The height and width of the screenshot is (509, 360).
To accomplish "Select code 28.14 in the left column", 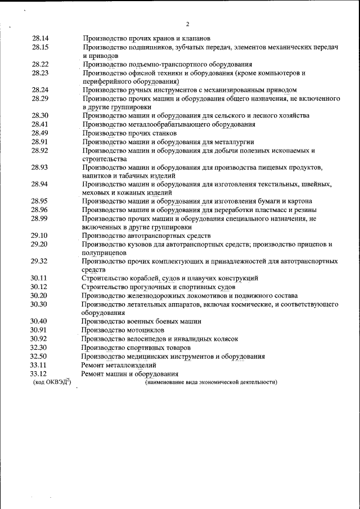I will (40, 38).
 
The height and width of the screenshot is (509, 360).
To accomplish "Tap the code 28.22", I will (40, 65).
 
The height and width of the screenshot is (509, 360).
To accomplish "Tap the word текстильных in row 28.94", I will (282, 184).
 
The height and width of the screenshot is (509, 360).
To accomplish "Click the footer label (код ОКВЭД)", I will (52, 382).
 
